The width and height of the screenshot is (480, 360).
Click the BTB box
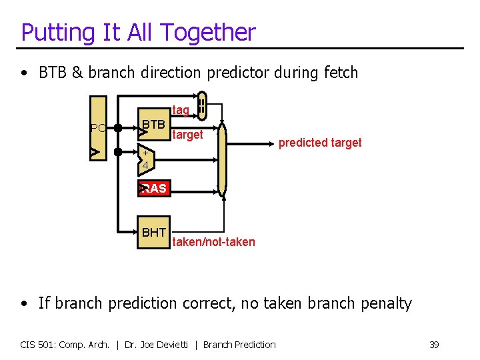(153, 125)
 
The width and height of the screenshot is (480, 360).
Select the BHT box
(153, 233)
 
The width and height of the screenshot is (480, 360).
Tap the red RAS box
(153, 189)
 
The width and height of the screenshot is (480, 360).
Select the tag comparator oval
(202, 105)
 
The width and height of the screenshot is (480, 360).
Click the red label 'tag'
(181, 109)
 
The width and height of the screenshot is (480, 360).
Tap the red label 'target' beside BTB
(187, 135)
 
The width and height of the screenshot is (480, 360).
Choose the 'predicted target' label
(319, 143)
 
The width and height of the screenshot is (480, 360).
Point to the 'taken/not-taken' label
(213, 242)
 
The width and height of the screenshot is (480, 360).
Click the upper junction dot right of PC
(117, 127)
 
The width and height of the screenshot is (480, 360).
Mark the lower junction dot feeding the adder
(117, 153)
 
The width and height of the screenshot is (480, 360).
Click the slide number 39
(434, 345)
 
